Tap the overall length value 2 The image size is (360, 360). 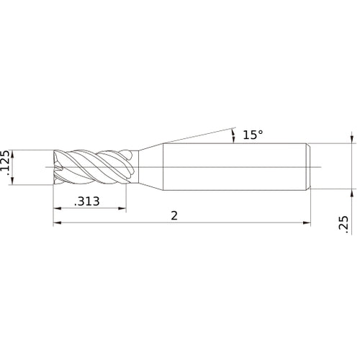(175, 216)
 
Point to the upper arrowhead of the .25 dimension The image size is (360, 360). (351, 140)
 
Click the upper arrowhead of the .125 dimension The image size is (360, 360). (15, 147)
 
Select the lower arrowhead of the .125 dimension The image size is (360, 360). (15, 188)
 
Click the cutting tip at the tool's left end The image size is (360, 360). (58, 167)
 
